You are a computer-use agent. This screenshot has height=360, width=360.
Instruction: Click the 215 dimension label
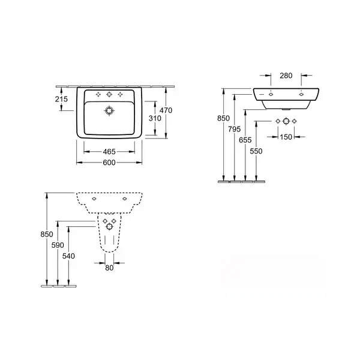coord(61,99)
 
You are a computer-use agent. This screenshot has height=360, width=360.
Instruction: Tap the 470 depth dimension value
coord(166,110)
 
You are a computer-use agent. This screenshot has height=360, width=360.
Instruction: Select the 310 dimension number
coord(155,118)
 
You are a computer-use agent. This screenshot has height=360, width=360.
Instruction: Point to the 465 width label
coord(109,152)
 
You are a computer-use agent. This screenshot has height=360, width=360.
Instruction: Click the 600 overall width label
coord(109,163)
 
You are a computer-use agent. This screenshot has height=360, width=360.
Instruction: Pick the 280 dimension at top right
coord(286,76)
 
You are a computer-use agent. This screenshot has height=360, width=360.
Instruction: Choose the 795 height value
coord(234,129)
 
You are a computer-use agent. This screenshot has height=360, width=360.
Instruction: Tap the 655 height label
coord(245,140)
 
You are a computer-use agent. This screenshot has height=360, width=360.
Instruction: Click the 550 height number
coord(256,151)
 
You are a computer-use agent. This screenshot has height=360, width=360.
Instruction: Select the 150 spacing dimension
coord(286,137)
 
